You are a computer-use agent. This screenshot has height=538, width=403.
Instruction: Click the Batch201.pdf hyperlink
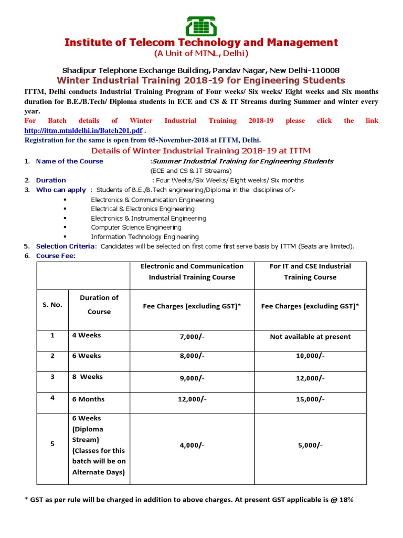[83, 130]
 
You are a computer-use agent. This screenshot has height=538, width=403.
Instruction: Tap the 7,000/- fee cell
[192, 337]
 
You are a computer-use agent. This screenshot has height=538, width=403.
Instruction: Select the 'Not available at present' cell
[310, 337]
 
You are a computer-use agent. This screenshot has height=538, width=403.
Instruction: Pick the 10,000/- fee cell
[310, 356]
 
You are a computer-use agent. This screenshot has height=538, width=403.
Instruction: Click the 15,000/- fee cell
[310, 399]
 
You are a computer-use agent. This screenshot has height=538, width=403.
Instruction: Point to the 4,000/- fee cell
[192, 445]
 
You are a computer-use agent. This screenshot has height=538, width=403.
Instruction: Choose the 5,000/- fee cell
[310, 445]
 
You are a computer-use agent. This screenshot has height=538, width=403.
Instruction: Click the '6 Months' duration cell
[88, 399]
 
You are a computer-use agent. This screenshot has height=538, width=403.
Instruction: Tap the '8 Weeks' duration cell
[88, 377]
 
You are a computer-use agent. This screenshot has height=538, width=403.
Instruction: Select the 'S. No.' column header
[52, 305]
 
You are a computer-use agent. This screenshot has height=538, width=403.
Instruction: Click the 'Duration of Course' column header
[99, 305]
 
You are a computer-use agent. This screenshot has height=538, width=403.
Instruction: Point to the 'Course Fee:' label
[56, 256]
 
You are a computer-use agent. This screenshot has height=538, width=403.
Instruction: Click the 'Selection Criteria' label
[66, 246]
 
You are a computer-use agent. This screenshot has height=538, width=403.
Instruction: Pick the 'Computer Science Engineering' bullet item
[136, 227]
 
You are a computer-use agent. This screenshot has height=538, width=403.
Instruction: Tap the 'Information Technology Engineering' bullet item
[144, 237]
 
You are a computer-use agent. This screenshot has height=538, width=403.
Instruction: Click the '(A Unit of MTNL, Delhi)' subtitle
[201, 54]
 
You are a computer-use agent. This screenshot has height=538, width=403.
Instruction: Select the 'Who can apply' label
[60, 190]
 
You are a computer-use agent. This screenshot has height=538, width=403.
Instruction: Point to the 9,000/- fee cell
[192, 377]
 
